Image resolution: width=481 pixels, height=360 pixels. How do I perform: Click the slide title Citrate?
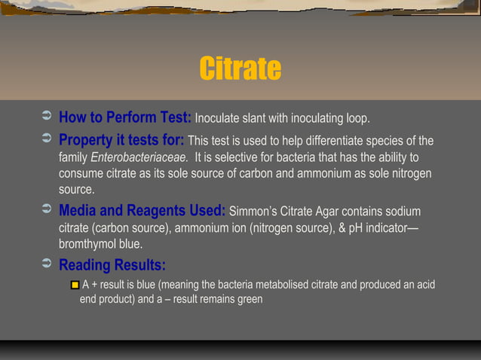240,69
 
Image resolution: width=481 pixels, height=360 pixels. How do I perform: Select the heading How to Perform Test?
125,117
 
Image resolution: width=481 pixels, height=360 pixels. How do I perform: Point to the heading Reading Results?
112,265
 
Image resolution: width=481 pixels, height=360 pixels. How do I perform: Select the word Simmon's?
253,212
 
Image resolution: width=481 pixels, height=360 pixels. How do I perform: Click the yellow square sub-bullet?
75,285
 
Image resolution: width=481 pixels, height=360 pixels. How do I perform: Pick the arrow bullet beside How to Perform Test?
45,117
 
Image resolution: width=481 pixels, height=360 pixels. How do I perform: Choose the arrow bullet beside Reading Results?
45,264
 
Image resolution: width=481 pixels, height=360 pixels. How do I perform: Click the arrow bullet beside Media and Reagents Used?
45,210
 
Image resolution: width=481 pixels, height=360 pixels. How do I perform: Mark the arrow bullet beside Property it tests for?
45,140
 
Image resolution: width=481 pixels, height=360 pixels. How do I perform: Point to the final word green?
248,299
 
